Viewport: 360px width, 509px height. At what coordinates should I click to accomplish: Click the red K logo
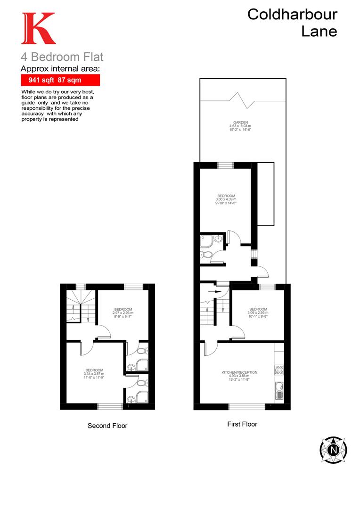pos(38,29)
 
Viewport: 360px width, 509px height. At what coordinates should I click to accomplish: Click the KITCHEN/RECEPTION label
pos(239,372)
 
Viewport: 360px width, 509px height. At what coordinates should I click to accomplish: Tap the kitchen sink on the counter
pos(279,389)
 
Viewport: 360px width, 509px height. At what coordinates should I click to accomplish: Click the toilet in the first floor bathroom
pos(205,255)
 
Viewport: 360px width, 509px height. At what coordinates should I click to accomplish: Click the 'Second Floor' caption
pos(107,426)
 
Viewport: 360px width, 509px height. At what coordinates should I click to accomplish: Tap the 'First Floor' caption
pos(242,424)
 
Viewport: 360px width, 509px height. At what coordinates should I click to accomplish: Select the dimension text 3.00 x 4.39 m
pos(226,200)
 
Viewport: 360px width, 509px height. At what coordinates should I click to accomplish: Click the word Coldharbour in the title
pos(292,15)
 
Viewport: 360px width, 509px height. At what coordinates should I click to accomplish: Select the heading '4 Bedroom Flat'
pos(62,57)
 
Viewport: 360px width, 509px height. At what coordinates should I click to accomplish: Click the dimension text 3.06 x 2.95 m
pos(258,313)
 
